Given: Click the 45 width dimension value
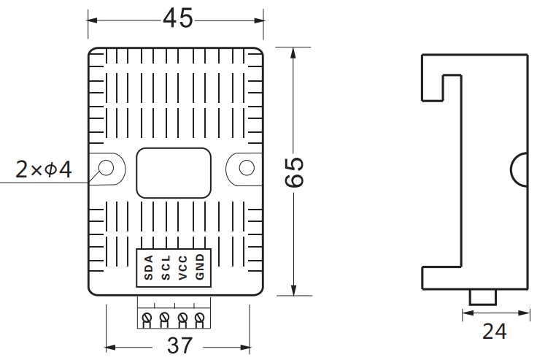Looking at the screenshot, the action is (x=178, y=18).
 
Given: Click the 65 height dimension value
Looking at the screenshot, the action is (x=294, y=172).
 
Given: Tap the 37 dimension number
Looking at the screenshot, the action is (x=179, y=345).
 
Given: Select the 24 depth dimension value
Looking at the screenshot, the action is (x=494, y=332).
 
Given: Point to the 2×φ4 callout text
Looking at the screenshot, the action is (x=44, y=169).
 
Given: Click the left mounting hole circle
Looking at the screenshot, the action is (x=106, y=168).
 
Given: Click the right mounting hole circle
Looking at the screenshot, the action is (x=247, y=168).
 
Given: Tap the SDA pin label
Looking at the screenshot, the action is (x=149, y=267).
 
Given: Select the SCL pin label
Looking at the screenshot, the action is (x=166, y=267).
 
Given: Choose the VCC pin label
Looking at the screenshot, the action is (x=183, y=267).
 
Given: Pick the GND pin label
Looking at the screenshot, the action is (x=200, y=267).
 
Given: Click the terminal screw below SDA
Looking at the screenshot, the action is (x=147, y=316).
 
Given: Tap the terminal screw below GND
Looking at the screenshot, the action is (x=199, y=316).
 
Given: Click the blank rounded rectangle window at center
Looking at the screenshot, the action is (x=174, y=173).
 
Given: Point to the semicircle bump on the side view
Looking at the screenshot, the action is (x=519, y=169).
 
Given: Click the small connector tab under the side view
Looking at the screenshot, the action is (x=483, y=297).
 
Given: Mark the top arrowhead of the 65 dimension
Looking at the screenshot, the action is (x=293, y=53).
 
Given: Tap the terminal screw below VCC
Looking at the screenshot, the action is (x=182, y=316).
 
